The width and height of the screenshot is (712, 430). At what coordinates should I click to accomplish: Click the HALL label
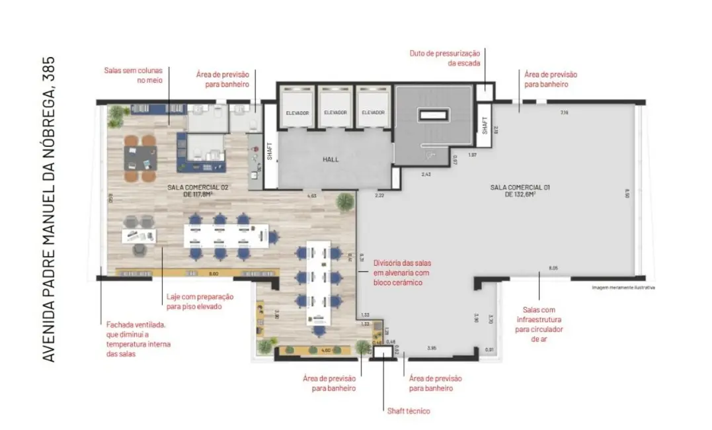click(331, 160)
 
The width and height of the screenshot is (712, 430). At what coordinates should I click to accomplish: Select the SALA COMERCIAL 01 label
click(520, 191)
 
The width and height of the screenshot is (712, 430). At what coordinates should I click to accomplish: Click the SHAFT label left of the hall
click(270, 152)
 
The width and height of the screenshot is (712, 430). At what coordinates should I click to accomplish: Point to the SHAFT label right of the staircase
click(485, 126)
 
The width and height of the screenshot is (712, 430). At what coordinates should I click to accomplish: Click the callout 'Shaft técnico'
click(409, 411)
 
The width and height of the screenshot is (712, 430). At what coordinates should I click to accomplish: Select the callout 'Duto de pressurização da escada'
click(447, 58)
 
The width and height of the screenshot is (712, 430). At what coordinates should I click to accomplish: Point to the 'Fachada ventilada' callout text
click(138, 339)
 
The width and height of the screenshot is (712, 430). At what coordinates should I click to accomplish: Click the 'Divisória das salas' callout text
click(403, 272)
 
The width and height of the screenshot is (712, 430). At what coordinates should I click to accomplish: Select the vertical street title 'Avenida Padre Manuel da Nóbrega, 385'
click(48, 209)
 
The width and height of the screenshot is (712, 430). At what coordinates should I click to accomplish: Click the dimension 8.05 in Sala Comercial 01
click(553, 267)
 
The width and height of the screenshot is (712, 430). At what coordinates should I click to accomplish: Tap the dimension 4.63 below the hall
click(312, 196)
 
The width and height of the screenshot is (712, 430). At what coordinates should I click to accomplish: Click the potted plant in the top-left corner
click(116, 114)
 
